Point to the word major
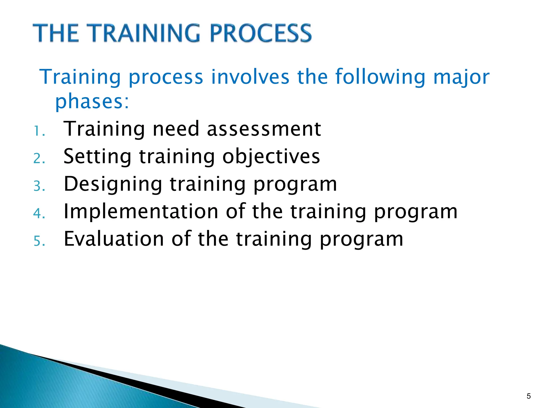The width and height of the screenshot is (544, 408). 461,77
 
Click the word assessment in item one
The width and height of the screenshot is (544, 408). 264,129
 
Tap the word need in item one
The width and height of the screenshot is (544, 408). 176,129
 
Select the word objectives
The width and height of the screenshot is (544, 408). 271,157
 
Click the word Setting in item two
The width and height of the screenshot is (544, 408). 97,156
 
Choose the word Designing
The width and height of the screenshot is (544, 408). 113,184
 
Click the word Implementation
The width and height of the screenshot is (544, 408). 141,211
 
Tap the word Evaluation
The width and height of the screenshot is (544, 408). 114,239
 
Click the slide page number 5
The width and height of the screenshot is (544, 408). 528,396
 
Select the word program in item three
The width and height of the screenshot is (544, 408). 295,184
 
